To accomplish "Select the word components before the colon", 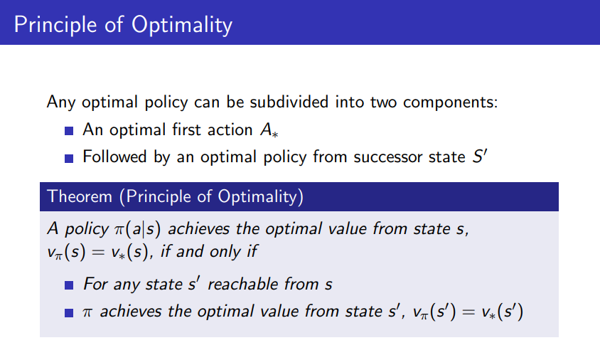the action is point(448,102).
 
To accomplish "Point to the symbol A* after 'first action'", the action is point(269,129).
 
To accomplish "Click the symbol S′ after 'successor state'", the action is point(480,157).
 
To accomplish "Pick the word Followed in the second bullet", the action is point(114,157).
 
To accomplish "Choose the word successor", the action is point(387,157).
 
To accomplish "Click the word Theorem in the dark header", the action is point(80,196).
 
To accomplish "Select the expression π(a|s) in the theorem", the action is point(137,229).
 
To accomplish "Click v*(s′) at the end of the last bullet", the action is point(503,312).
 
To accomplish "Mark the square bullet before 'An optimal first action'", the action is point(69,131).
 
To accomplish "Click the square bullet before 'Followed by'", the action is point(69,158).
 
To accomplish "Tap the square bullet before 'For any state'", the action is point(69,285).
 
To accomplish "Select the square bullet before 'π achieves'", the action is point(69,313).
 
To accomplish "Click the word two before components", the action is point(383,102).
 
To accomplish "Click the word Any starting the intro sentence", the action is point(61,102).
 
